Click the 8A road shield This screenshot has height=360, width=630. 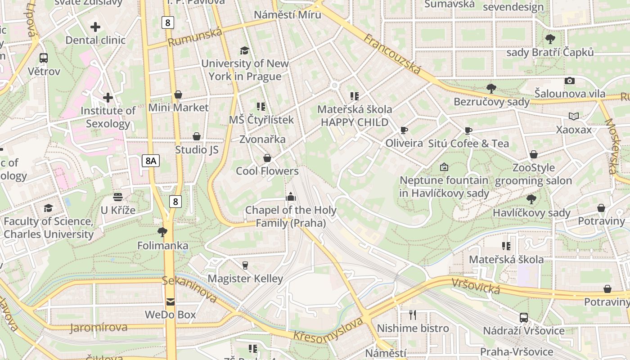tap(151, 161)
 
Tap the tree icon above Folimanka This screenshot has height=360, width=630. tap(162, 232)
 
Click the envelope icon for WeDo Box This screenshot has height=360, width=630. tap(170, 301)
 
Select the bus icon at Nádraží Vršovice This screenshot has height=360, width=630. tap(524, 317)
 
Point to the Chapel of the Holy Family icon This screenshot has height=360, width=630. tap(291, 197)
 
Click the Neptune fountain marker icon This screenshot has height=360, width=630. tap(444, 167)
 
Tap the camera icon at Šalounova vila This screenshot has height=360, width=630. tap(570, 81)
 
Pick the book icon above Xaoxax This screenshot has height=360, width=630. tap(574, 117)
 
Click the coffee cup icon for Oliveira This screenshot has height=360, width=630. tap(404, 130)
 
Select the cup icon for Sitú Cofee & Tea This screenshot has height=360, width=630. tap(468, 131)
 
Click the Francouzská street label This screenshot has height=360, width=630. tap(392, 54)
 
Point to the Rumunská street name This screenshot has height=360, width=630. tap(195, 37)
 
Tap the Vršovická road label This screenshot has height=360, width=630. tap(476, 286)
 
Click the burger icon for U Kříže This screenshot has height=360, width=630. tap(118, 197)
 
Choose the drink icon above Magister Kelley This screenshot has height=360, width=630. tap(245, 265)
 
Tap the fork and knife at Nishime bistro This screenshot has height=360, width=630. tap(413, 315)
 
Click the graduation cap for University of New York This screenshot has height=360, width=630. tap(244, 50)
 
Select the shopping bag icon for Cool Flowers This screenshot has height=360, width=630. tap(267, 158)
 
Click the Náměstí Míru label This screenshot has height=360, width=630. tap(288, 15)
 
